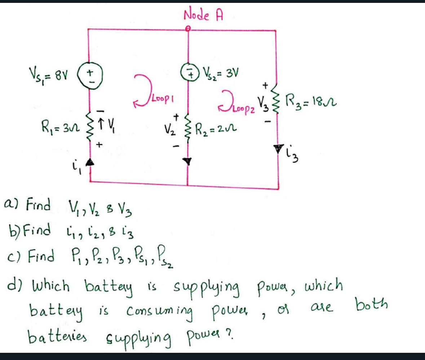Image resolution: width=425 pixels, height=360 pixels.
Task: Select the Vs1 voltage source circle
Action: click(89, 77)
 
